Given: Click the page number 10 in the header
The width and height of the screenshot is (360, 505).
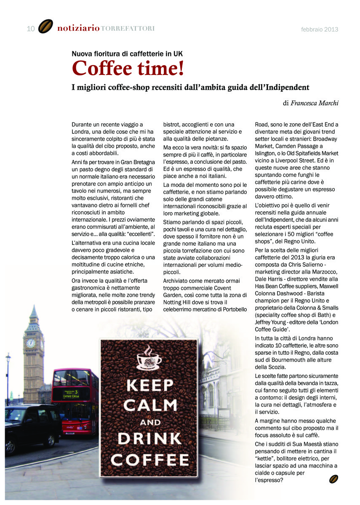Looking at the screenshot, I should pos(30,29).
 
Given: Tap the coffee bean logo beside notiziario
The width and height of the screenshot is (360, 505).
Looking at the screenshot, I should pos(45,27).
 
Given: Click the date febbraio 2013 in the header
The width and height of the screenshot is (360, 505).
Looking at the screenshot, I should pos(320,29).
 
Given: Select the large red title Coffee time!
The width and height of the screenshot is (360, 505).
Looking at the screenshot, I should pos(128,68).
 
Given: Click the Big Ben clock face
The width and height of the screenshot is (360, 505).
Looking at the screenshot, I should pos(31,343).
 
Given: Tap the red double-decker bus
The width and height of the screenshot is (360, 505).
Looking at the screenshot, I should pos(75,399).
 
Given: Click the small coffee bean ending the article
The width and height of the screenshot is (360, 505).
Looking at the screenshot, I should pos(333,479).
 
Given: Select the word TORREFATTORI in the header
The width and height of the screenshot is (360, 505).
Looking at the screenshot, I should pos(128,29).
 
